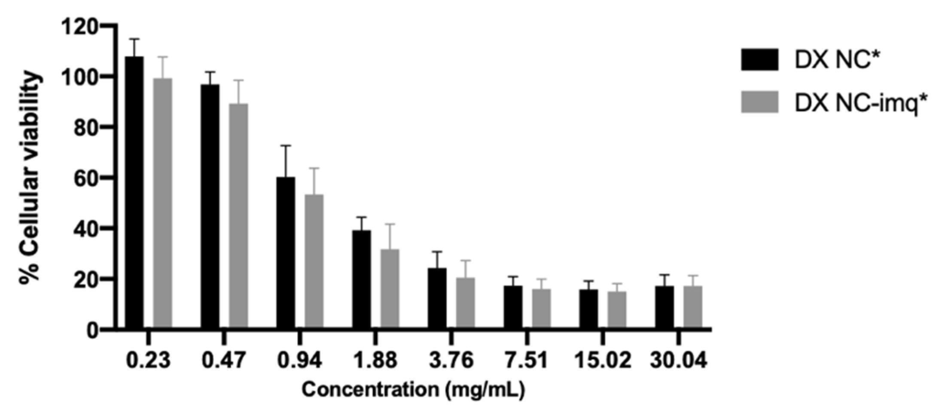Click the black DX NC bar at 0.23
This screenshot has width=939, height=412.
pyautogui.click(x=134, y=193)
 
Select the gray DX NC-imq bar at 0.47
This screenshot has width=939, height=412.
pyautogui.click(x=238, y=217)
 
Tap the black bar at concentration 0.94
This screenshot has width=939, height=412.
pyautogui.click(x=286, y=253)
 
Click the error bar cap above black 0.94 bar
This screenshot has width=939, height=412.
pyautogui.click(x=286, y=146)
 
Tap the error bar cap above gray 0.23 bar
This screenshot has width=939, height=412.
pyautogui.click(x=163, y=57)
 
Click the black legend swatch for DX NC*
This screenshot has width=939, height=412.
pyautogui.click(x=759, y=60)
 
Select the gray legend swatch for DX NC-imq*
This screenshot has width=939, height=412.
pyautogui.click(x=759, y=102)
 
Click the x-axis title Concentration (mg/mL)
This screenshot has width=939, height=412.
pyautogui.click(x=413, y=390)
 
